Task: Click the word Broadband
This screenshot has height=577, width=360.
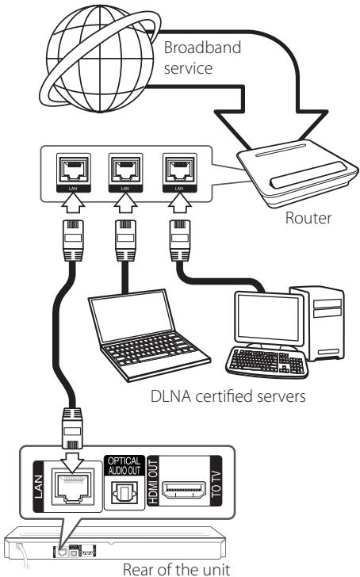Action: pyautogui.click(x=202, y=48)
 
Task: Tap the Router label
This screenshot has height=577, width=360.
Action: pyautogui.click(x=308, y=218)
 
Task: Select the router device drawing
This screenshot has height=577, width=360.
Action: pyautogui.click(x=297, y=172)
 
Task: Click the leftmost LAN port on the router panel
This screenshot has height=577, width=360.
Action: pyautogui.click(x=74, y=172)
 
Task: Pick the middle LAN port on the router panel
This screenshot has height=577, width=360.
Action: pyautogui.click(x=125, y=172)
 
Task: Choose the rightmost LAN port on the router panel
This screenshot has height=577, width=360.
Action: pyautogui.click(x=180, y=172)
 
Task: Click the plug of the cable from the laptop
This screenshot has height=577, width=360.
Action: pyautogui.click(x=125, y=241)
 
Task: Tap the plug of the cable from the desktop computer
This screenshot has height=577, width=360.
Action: pyautogui.click(x=180, y=241)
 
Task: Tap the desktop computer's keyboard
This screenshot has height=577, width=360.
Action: pyautogui.click(x=267, y=361)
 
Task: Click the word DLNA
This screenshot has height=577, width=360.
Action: pyautogui.click(x=171, y=396)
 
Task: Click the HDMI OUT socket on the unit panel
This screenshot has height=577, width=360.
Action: pyautogui.click(x=185, y=490)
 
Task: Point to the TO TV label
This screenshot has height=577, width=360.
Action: pyautogui.click(x=216, y=482)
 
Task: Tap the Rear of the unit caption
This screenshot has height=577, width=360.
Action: pyautogui.click(x=176, y=569)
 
